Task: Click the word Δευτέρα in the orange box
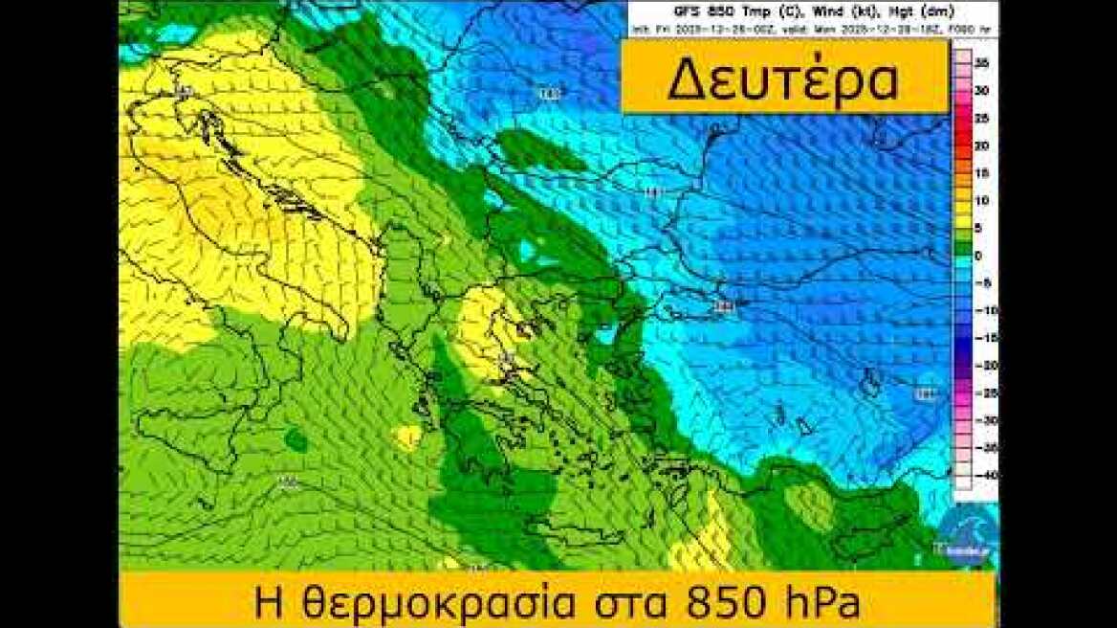782,80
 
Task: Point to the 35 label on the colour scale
981,62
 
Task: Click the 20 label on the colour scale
981,146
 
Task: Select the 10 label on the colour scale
981,201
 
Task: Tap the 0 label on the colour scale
979,256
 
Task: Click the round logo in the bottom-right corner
966,536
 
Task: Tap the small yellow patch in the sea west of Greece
407,437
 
